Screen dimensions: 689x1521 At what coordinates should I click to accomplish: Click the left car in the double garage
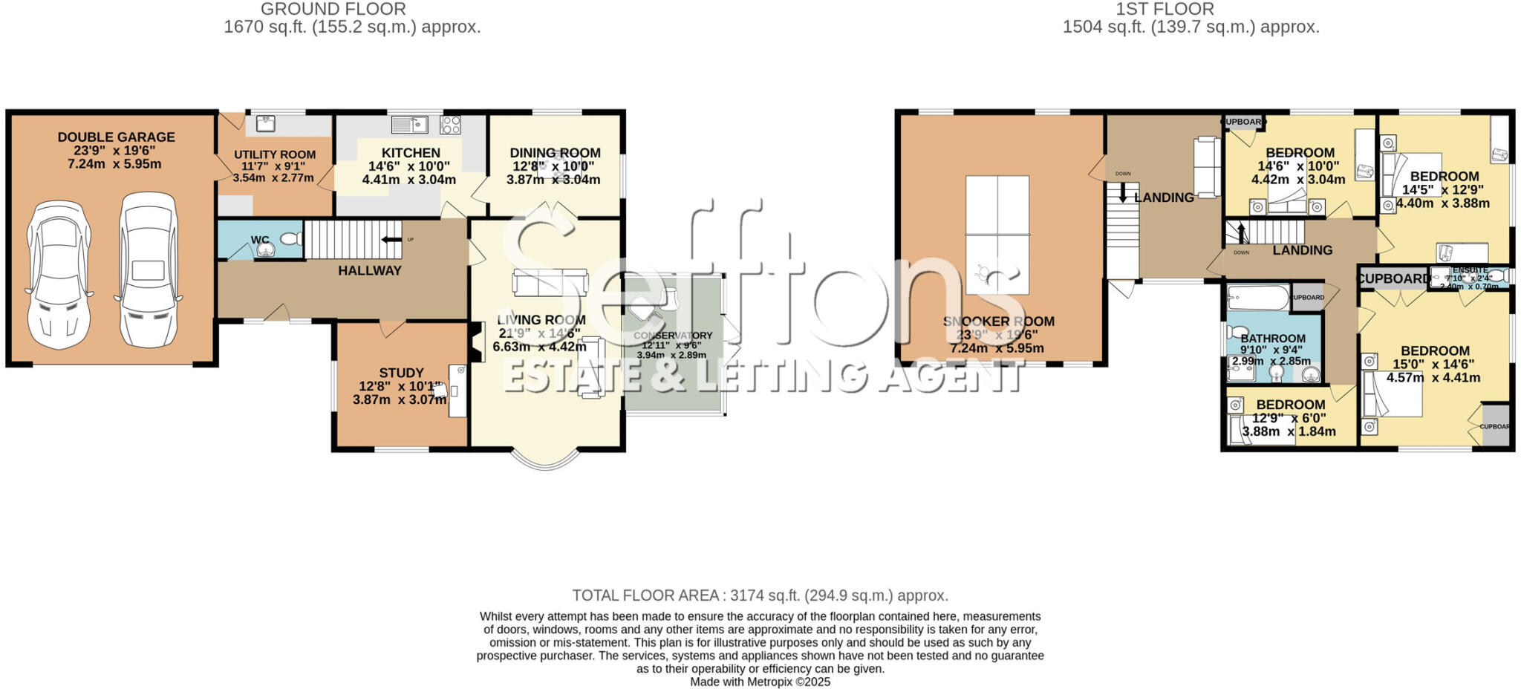click(59, 270)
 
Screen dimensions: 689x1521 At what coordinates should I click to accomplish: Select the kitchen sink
click(409, 124)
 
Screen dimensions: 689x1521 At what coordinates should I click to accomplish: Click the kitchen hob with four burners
click(450, 124)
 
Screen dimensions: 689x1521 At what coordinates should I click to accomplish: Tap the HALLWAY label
click(369, 271)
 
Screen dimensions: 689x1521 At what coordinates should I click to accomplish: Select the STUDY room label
click(401, 373)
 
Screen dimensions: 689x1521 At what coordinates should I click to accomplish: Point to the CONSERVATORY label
click(672, 336)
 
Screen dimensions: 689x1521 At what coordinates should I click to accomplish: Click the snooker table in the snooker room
click(997, 235)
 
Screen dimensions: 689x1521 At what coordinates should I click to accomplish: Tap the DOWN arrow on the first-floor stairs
click(1122, 193)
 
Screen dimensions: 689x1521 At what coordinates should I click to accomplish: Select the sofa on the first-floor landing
click(1207, 167)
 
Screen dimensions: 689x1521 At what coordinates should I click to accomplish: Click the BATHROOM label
click(1272, 339)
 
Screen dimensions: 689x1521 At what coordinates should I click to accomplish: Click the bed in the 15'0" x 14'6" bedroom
click(1392, 394)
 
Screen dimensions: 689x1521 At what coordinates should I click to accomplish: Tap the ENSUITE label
click(1470, 270)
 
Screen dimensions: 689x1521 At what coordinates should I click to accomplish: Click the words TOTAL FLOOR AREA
click(645, 595)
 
